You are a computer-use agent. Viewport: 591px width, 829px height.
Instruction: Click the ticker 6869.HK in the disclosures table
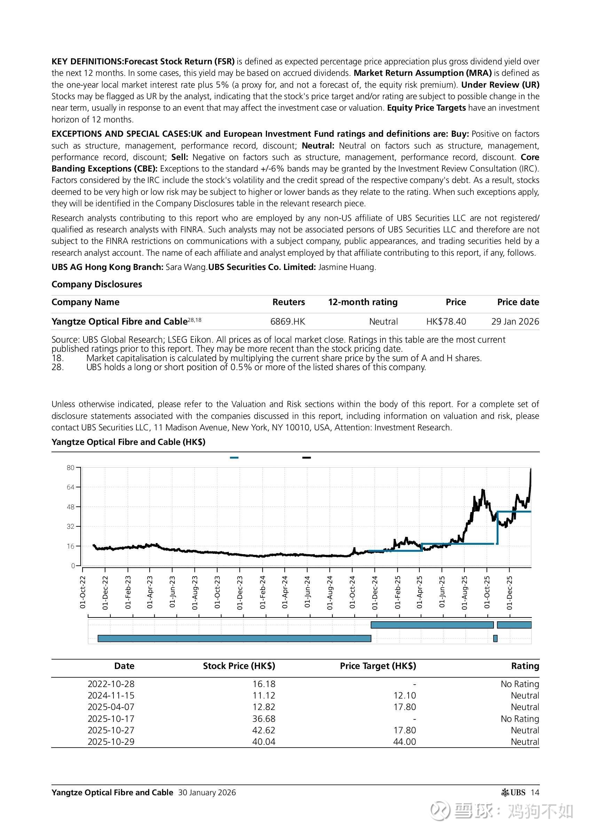(x=287, y=321)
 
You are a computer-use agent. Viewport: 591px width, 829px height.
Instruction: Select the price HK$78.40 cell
(x=446, y=321)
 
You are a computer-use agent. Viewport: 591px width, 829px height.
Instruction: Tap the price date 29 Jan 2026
(x=515, y=321)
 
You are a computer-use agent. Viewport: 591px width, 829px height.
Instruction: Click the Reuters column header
(x=289, y=302)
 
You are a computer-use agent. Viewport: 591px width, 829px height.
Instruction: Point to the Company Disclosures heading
(x=97, y=284)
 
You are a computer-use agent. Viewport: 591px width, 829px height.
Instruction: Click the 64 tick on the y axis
(x=71, y=487)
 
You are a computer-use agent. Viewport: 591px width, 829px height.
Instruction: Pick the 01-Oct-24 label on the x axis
(x=352, y=592)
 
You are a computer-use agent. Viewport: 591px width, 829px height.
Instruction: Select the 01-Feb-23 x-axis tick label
(x=128, y=592)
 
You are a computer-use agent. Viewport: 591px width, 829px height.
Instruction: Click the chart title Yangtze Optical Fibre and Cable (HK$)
(x=128, y=442)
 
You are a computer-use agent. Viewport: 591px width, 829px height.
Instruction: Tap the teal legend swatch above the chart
(x=234, y=457)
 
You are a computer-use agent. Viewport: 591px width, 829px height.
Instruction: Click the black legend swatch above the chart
(x=306, y=457)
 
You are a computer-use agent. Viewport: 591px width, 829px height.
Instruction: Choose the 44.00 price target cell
(x=404, y=742)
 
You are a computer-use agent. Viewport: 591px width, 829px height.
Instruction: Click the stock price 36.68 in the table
(x=264, y=719)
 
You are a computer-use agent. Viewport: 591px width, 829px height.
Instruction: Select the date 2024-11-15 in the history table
(x=111, y=695)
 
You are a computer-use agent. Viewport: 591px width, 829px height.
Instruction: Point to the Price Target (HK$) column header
(x=378, y=666)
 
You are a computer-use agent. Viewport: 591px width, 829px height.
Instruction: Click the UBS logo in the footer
(x=513, y=792)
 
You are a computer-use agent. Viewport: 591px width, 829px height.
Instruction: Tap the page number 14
(x=535, y=792)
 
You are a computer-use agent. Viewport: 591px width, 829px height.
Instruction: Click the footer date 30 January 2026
(x=207, y=792)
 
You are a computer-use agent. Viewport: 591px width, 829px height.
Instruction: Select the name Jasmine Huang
(x=346, y=267)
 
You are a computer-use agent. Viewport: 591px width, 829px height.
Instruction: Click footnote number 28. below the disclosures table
(x=57, y=367)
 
